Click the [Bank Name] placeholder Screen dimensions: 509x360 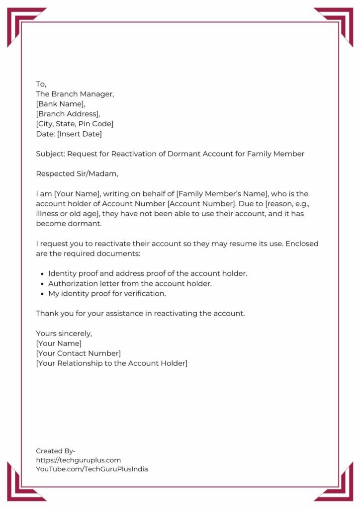[x=61, y=104]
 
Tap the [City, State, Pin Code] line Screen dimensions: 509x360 [x=75, y=124]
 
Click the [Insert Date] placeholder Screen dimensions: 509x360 [x=79, y=134]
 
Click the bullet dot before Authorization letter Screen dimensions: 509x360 [x=42, y=284]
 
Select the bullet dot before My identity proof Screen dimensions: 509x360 [x=42, y=294]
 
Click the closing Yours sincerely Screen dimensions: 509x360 [x=64, y=334]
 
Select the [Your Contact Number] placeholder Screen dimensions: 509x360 [x=78, y=353]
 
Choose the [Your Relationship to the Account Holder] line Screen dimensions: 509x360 [x=111, y=363]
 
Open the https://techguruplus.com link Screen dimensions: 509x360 [x=78, y=460]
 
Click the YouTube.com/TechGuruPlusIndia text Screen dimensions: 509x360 [x=91, y=469]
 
